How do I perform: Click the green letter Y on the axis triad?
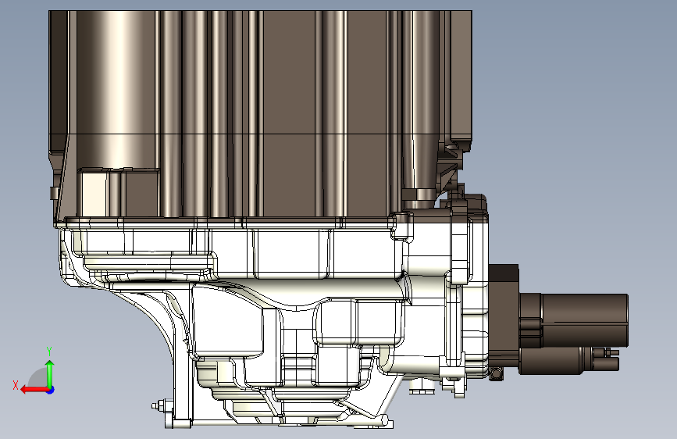pyautogui.click(x=49, y=352)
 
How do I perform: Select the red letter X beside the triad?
pyautogui.click(x=16, y=385)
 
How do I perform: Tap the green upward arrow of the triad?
pyautogui.click(x=50, y=373)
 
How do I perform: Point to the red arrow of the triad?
pyautogui.click(x=35, y=390)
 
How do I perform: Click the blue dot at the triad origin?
pyautogui.click(x=51, y=390)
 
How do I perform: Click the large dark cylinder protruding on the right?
pyautogui.click(x=574, y=320)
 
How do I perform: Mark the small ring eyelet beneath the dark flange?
pyautogui.click(x=496, y=373)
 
